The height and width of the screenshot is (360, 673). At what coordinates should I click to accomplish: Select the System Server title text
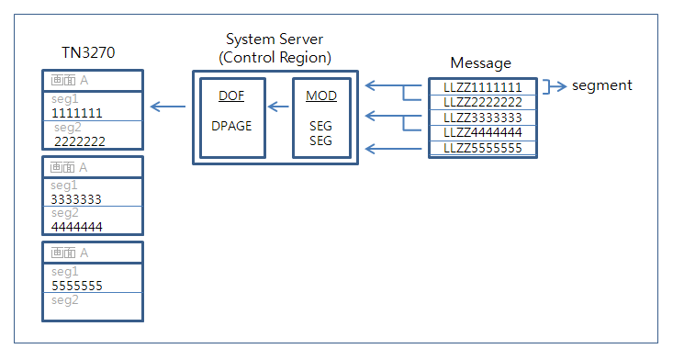[275, 40]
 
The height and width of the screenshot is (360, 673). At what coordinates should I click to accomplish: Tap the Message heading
[480, 62]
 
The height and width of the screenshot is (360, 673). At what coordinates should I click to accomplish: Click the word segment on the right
[601, 85]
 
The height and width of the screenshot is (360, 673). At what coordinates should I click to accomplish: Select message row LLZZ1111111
[482, 87]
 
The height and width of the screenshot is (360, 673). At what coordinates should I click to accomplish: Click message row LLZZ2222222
[482, 102]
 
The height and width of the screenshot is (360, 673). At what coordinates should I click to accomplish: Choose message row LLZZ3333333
[482, 118]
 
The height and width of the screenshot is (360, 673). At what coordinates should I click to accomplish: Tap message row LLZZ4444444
[482, 132]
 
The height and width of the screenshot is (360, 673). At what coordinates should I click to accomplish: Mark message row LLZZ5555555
[482, 148]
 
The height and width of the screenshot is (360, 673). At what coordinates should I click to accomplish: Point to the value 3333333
[76, 198]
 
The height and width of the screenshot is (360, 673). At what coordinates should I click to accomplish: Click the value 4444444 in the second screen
[76, 226]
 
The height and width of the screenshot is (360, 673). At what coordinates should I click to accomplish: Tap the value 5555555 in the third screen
[76, 286]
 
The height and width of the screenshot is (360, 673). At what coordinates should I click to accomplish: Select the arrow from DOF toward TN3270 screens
[167, 107]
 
